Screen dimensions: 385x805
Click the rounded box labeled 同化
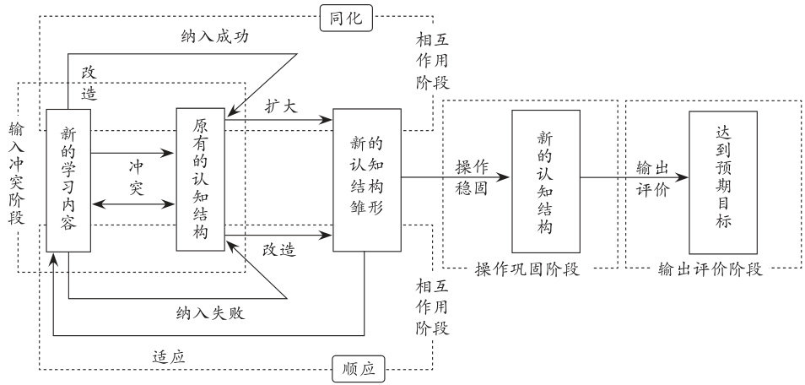(x=346, y=18)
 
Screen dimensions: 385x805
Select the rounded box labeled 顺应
(x=353, y=368)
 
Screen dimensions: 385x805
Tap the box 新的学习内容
(x=68, y=180)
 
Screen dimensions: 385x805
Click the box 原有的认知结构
(x=201, y=179)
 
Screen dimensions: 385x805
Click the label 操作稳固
(x=472, y=176)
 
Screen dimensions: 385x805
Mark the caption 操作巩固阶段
(x=531, y=269)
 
